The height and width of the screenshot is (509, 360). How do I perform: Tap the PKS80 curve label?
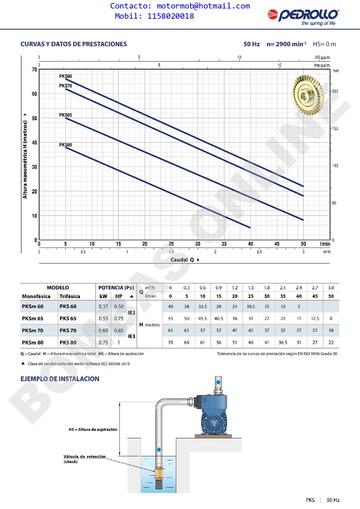65,76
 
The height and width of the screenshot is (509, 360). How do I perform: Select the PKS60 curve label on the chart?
65,145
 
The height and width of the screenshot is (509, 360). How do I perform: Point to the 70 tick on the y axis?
34,70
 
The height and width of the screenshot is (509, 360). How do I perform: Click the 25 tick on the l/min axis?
171,244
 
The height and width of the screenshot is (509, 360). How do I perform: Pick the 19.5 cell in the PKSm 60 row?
251,306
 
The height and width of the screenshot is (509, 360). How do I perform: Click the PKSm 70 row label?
33,330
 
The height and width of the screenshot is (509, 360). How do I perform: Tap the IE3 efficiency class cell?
131,336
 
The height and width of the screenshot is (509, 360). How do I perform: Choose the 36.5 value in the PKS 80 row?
283,342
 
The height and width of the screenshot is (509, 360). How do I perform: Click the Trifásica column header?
70,296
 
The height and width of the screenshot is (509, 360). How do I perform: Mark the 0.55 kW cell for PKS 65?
103,319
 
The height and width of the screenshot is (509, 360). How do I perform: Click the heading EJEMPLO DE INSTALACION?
60,379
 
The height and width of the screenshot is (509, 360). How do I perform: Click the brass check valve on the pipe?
159,473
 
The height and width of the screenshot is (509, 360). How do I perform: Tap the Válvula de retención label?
84,457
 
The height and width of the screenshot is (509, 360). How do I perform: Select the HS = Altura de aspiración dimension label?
93,429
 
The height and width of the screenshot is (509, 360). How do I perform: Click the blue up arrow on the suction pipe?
159,449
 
